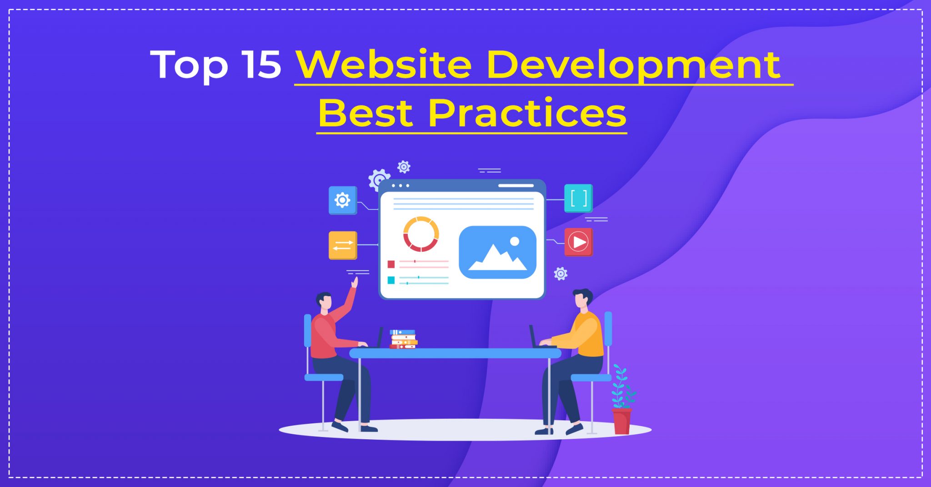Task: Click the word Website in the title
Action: [384, 65]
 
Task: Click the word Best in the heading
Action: [365, 113]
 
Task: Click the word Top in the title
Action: [189, 66]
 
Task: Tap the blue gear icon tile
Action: [343, 200]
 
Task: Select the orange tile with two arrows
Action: [343, 245]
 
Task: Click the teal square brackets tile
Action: [578, 198]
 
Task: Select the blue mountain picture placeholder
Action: [498, 252]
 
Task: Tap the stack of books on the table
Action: [403, 339]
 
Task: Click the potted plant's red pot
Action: [621, 421]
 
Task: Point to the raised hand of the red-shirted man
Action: [354, 283]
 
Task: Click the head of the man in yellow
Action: [582, 299]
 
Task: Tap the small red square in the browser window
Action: [391, 264]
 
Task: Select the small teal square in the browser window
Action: [391, 280]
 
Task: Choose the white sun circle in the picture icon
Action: [515, 241]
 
